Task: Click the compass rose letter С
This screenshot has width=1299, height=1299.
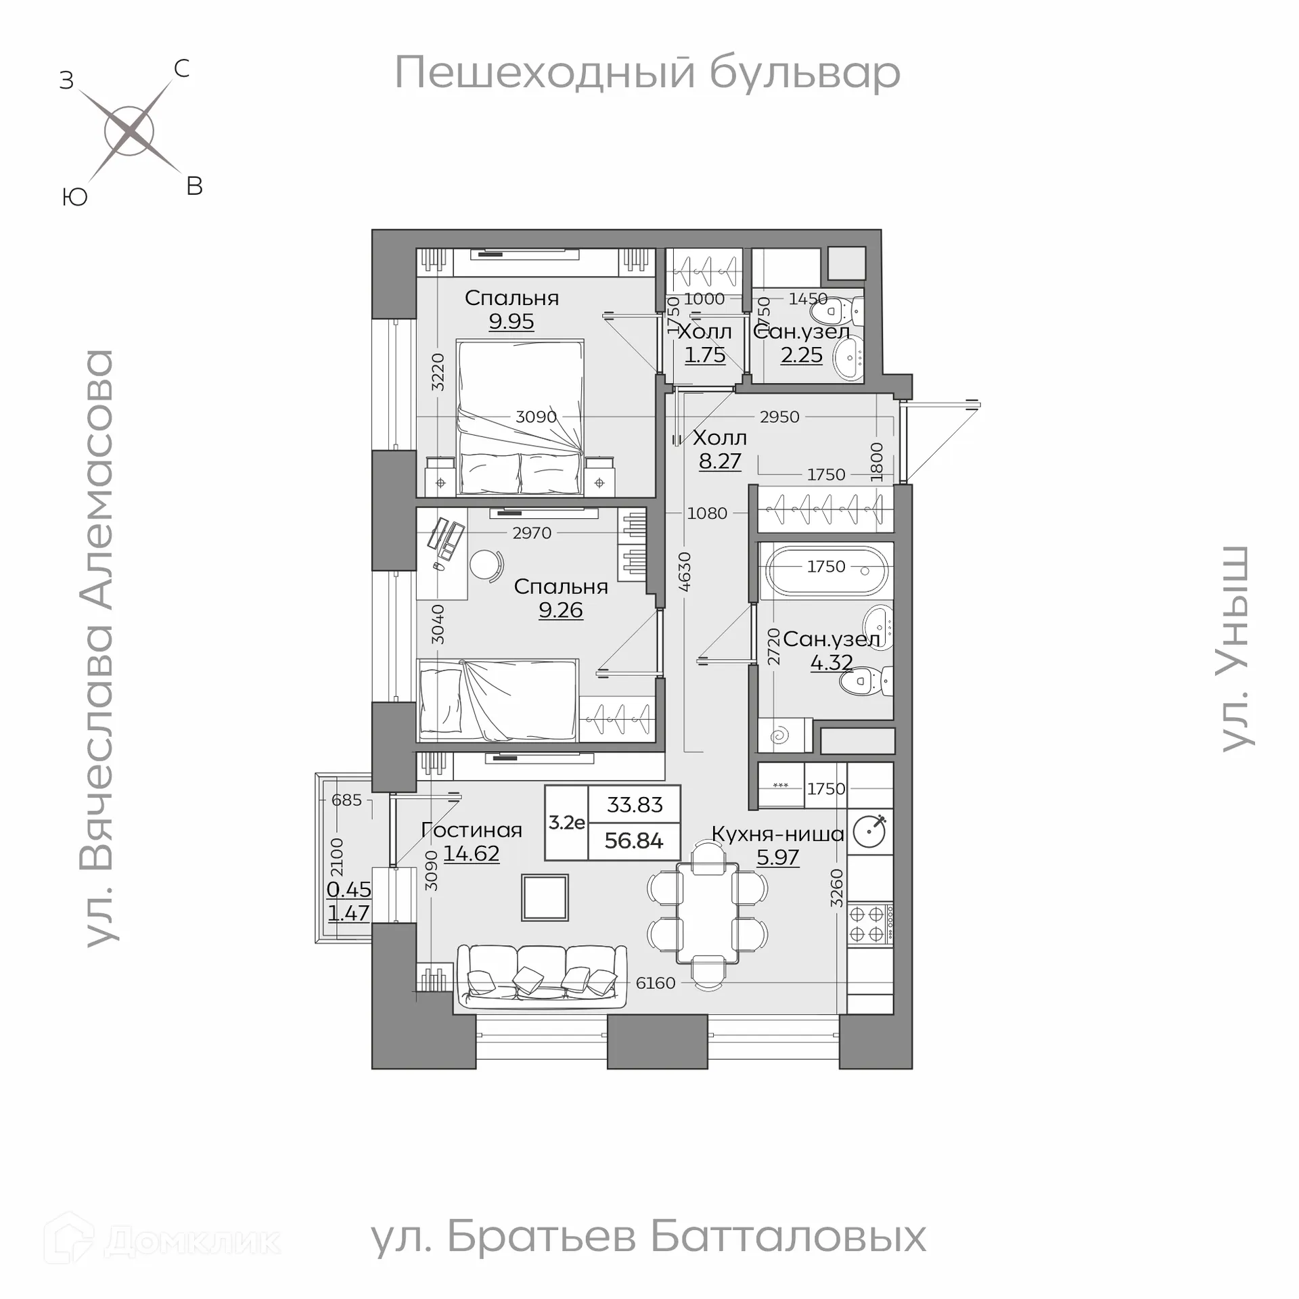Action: coord(181,68)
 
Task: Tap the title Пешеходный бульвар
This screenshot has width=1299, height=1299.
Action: coord(647,72)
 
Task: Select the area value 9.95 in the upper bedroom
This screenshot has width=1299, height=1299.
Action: coord(511,321)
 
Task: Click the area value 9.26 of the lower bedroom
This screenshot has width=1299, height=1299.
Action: coord(560,610)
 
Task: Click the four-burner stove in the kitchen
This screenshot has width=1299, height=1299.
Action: coord(869,924)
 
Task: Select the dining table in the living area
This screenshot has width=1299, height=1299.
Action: coord(707,913)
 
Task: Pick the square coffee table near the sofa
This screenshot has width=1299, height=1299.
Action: coord(545,898)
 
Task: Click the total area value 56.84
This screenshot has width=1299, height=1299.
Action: coord(634,841)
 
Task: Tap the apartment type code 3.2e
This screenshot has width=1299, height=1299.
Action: coord(566,823)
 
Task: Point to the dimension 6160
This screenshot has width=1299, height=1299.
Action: coord(655,983)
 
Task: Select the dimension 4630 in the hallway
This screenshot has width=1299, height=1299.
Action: coord(685,572)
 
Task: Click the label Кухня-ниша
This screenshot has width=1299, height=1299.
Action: coord(777,834)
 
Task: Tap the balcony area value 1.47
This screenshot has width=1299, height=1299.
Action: coord(348,913)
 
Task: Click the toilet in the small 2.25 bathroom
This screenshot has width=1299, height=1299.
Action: coord(836,313)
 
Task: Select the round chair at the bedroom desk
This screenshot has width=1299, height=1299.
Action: coord(486,565)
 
